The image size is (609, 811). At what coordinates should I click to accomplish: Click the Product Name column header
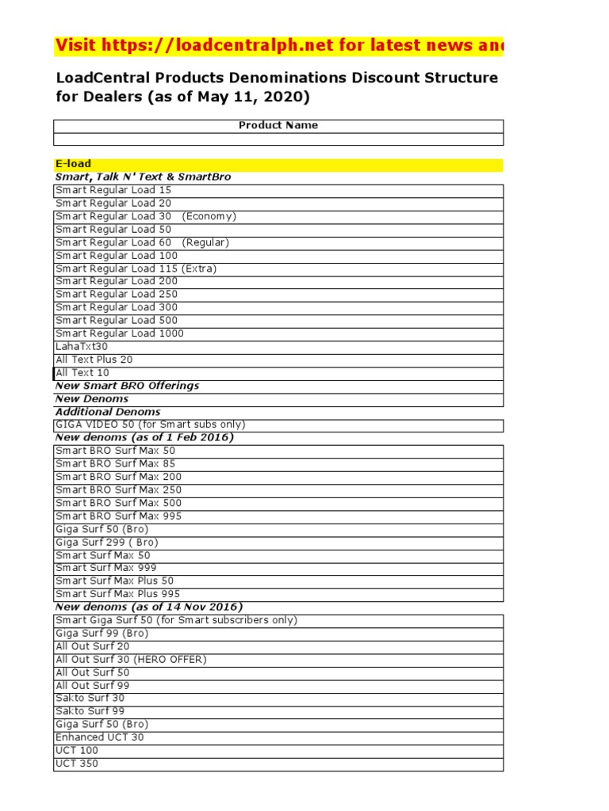click(x=278, y=125)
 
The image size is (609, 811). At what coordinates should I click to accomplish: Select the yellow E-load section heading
click(x=73, y=164)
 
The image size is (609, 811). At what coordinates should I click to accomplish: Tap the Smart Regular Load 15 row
click(x=113, y=190)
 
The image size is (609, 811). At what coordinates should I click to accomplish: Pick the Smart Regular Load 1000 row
click(x=120, y=333)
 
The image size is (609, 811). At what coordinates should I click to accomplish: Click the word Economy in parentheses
click(x=209, y=216)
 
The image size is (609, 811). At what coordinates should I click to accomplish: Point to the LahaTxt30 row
click(x=82, y=346)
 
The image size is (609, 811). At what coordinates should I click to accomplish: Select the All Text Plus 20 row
click(x=94, y=360)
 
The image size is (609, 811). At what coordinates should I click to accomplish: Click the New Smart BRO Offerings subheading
click(x=127, y=386)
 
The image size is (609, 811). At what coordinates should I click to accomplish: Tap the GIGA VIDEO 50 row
click(x=151, y=425)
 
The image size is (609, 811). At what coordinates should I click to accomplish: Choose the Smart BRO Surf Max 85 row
click(x=116, y=463)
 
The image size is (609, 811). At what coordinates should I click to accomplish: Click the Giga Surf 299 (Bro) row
click(x=107, y=542)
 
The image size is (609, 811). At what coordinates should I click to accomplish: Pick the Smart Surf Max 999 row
click(x=106, y=568)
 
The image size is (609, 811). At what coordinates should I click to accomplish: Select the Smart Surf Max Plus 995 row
click(x=118, y=594)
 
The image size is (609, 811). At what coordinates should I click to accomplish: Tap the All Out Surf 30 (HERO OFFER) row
click(x=131, y=659)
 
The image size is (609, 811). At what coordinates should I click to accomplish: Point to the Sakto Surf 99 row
click(x=90, y=711)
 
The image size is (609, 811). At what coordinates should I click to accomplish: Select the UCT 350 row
click(x=77, y=763)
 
